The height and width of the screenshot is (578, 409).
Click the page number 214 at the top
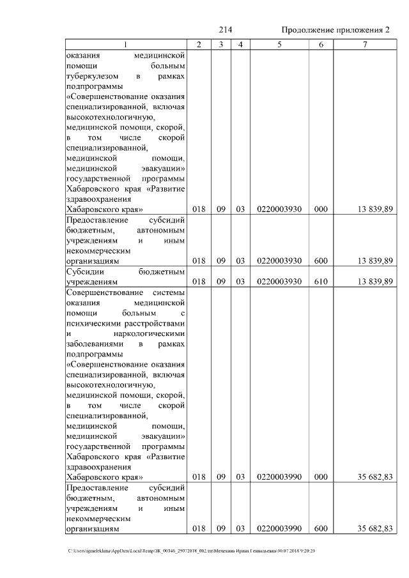coord(225,30)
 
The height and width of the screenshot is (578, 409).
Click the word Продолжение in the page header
coord(311,31)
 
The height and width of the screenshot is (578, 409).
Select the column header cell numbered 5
coord(279,44)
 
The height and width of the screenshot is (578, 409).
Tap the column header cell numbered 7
coord(364,44)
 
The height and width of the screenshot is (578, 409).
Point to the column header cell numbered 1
coord(125,44)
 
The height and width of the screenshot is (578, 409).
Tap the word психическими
coord(95,323)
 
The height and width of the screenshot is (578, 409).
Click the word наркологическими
coord(149,333)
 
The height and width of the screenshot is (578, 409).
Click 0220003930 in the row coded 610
coord(279,282)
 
